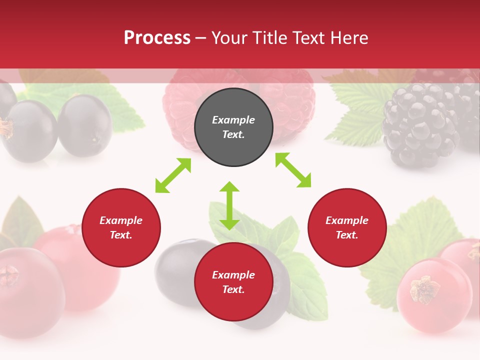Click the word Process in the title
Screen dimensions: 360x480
[x=157, y=38]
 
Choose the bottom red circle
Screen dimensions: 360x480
[x=233, y=305]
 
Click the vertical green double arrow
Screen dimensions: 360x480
[x=229, y=205]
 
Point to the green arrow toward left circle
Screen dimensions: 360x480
[x=173, y=175]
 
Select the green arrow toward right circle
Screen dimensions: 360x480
[x=293, y=170]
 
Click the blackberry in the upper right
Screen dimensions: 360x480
[x=420, y=125]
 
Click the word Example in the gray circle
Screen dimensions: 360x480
[x=233, y=120]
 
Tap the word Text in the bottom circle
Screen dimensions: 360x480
[x=233, y=289]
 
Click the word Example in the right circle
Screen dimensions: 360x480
[x=347, y=220]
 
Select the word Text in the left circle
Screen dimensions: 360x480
[x=121, y=235]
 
